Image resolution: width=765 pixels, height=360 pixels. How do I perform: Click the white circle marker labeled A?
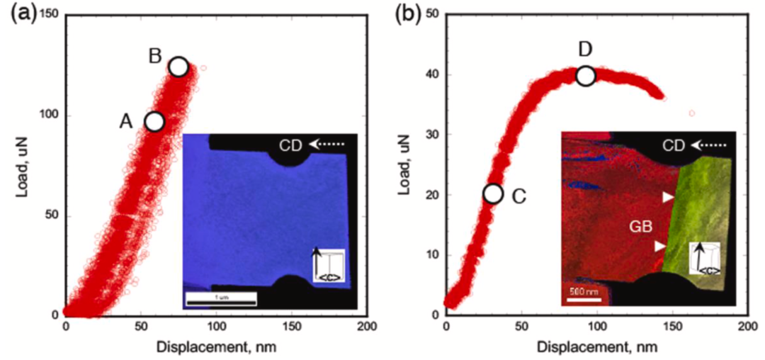pos(154,122)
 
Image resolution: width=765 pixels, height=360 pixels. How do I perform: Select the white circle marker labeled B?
pos(178,67)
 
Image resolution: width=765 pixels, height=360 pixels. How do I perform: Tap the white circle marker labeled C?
pos(493,193)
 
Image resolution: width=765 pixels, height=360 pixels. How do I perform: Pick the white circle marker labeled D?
pos(585,76)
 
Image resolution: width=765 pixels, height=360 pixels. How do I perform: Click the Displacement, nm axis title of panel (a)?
pos(217,347)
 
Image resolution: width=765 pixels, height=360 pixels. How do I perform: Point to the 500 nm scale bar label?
pos(582,290)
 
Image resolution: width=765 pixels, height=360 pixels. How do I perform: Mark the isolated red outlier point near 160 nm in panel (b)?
pos(692,113)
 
